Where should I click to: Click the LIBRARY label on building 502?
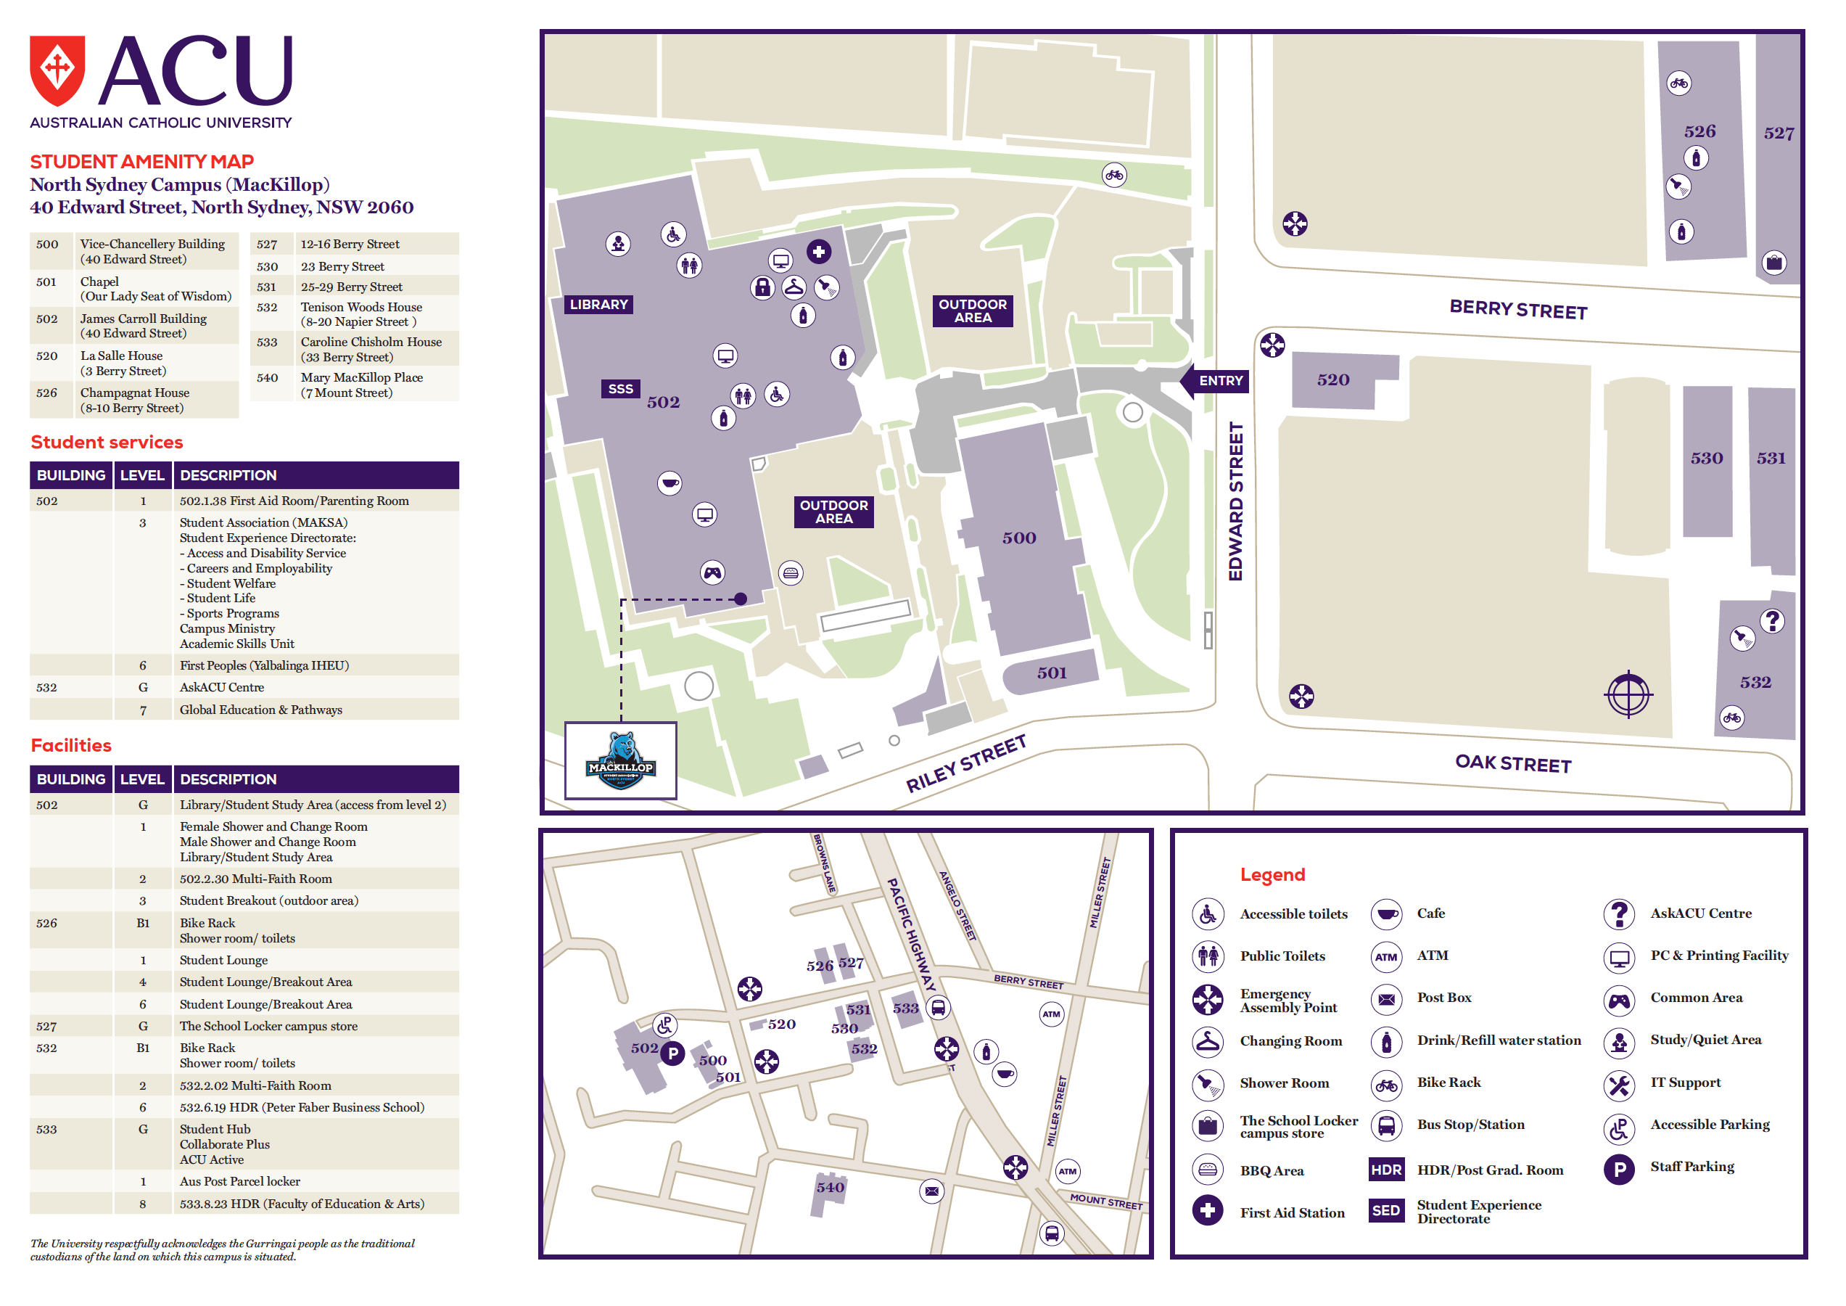[598, 305]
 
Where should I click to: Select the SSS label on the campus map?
[620, 389]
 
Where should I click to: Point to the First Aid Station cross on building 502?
[818, 252]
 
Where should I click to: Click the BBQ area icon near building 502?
[791, 572]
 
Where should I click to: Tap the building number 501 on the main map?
[1051, 673]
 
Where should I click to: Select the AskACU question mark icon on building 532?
[1772, 621]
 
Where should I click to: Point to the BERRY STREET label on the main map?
[1517, 310]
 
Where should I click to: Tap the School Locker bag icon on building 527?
[1773, 262]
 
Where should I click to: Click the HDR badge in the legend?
[1385, 1170]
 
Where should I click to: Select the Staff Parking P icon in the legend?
[1618, 1168]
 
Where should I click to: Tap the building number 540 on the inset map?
[830, 1187]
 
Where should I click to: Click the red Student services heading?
[107, 443]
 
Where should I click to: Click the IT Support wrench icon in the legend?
[1618, 1085]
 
